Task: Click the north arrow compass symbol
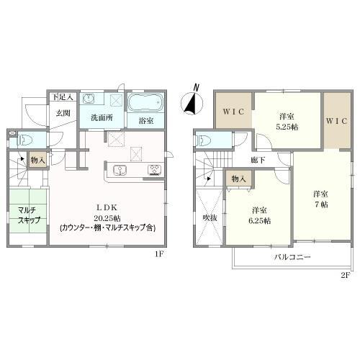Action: point(192,102)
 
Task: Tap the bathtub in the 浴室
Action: point(145,103)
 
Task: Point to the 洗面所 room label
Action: point(102,117)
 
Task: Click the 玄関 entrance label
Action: point(63,113)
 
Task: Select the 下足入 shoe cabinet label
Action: point(63,97)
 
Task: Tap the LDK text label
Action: point(107,207)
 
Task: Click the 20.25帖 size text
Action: point(107,218)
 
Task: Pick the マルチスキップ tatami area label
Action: point(28,215)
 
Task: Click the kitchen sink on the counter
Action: point(120,170)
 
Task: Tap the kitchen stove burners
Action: point(154,170)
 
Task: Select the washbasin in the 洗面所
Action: point(89,99)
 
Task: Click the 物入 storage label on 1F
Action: point(38,160)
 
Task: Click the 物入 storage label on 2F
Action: point(238,179)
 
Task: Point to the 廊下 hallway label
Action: point(258,160)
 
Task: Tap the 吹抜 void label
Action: point(210,217)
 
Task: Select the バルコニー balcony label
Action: point(292,257)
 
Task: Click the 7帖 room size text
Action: point(321,204)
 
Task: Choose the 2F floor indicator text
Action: point(346,275)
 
